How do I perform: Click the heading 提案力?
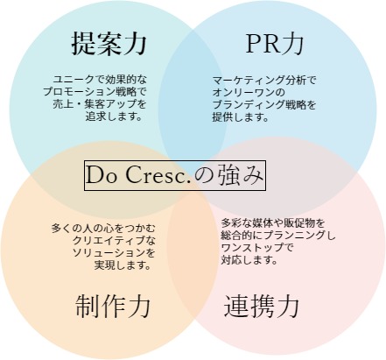(109, 44)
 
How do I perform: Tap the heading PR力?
(274, 44)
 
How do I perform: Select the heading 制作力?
(113, 306)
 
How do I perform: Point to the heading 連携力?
(262, 306)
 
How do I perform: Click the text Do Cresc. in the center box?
(138, 175)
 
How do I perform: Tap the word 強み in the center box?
(242, 175)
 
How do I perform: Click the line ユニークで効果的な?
(100, 79)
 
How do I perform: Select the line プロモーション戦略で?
(95, 92)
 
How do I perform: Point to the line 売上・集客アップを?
(100, 104)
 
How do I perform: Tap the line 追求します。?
(115, 116)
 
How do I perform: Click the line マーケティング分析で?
(264, 80)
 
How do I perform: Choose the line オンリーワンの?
(249, 92)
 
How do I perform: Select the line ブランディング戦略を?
(264, 104)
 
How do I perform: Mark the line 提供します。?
(241, 117)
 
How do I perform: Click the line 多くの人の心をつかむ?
(103, 228)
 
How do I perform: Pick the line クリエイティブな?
(114, 240)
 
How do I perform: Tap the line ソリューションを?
(114, 253)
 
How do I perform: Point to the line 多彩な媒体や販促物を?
(273, 223)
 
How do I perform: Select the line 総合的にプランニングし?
(278, 236)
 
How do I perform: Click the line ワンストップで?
(257, 248)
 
